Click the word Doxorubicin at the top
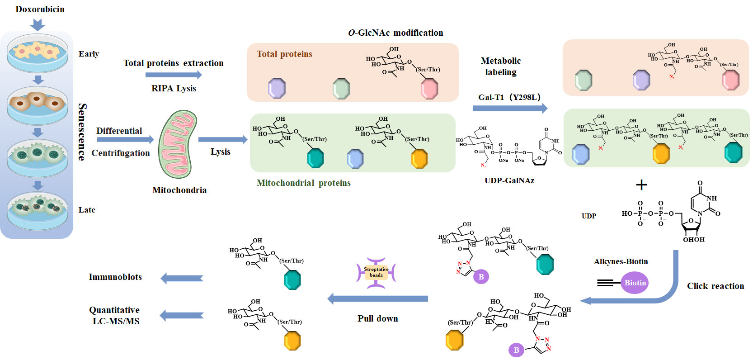tap(40, 9)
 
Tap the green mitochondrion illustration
tap(178, 144)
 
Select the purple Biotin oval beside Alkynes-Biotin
tap(635, 283)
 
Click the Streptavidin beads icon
tap(376, 273)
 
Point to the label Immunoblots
tap(115, 277)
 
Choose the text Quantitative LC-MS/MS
tap(115, 316)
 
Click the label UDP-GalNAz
tap(509, 180)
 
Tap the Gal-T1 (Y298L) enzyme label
tap(509, 97)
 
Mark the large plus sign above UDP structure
tap(641, 185)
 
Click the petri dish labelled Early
tap(38, 54)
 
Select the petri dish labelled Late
tap(38, 210)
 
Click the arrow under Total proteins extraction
tap(174, 75)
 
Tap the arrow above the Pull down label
tap(377, 298)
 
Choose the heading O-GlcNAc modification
tap(395, 33)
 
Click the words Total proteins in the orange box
tap(284, 54)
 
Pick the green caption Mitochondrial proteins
tap(303, 183)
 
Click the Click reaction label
tap(715, 286)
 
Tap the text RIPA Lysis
tap(174, 89)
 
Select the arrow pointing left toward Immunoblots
tap(182, 279)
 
